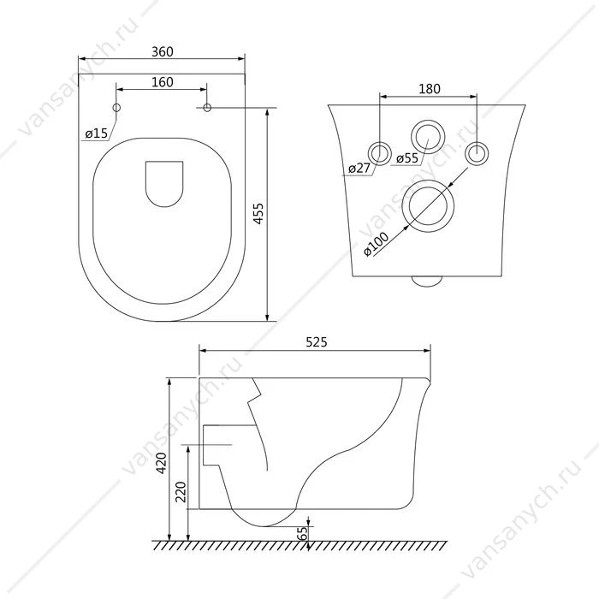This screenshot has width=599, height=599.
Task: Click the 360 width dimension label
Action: click(x=163, y=51)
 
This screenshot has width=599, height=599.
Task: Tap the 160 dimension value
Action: click(x=163, y=82)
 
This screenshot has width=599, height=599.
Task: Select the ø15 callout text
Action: click(x=97, y=133)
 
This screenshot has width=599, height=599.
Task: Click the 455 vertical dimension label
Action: click(x=258, y=214)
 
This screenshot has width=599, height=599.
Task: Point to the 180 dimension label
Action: click(x=430, y=89)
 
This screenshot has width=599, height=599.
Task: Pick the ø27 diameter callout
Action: click(x=360, y=168)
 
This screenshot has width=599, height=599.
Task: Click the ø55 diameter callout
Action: click(x=407, y=157)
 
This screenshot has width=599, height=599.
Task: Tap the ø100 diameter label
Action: click(x=376, y=245)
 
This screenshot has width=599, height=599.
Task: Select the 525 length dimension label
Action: click(x=317, y=342)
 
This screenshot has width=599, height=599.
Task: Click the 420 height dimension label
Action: click(x=162, y=463)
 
